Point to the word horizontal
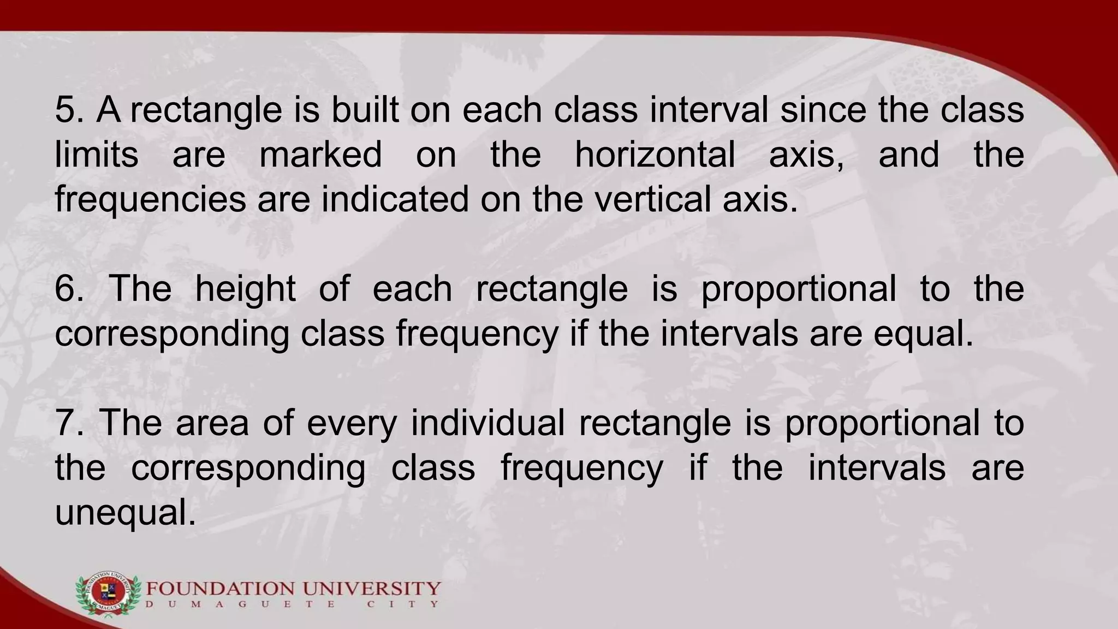[655, 155]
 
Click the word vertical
[653, 200]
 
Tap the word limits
[97, 155]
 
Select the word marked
[320, 155]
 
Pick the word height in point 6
[246, 289]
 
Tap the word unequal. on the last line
[126, 514]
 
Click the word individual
[487, 423]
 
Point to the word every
[352, 423]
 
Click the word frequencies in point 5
[151, 200]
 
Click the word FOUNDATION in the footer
[222, 589]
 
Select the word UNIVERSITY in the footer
[371, 589]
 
